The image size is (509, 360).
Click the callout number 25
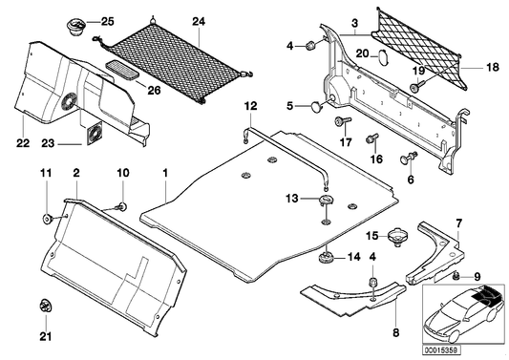108,22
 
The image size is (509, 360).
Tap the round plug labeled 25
76,27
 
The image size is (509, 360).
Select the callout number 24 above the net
199,22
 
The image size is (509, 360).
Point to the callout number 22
23,143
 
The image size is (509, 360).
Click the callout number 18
493,67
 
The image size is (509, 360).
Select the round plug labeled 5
316,106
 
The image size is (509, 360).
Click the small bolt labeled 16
372,138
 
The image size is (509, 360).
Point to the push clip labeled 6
409,158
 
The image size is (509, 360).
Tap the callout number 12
250,106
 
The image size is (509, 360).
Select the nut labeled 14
326,258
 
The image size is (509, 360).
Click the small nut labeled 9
456,276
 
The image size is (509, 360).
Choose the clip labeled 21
46,306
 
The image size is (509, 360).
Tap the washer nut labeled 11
48,219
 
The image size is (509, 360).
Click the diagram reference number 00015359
441,350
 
